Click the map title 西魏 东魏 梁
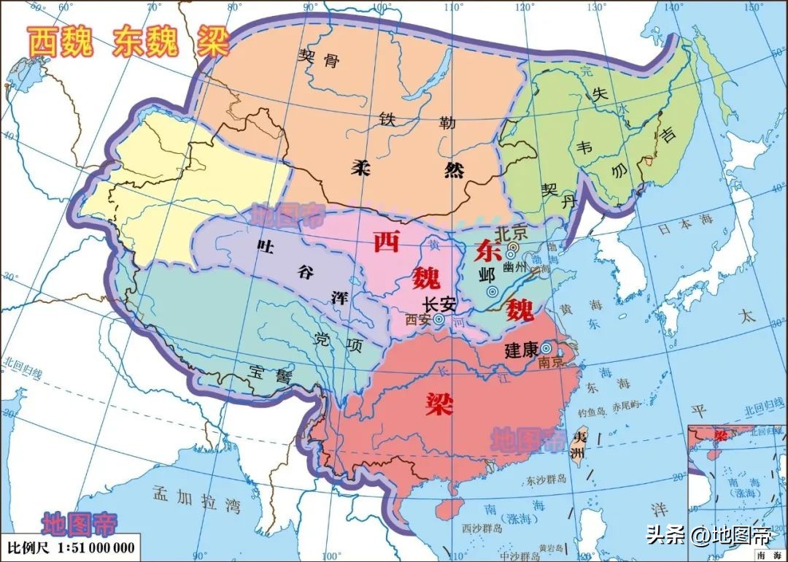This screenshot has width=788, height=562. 128,43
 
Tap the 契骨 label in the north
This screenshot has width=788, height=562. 319,58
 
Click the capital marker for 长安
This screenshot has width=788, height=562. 439,319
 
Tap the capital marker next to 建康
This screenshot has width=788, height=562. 546,348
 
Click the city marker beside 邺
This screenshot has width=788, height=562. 503,291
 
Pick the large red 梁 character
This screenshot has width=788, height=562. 439,402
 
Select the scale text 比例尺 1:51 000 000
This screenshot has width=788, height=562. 71,547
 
